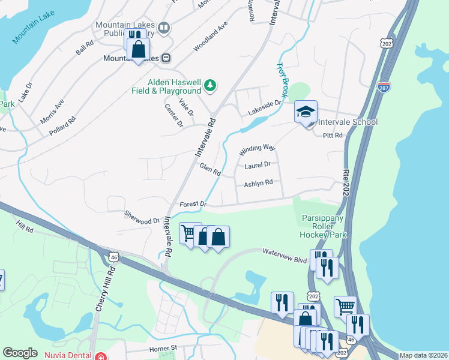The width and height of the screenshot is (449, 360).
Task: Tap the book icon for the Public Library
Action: [163, 28]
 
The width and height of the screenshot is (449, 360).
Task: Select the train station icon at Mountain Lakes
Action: [166, 58]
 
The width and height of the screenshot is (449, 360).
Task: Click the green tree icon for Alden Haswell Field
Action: [209, 86]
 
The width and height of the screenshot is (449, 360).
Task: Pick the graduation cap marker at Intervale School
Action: [306, 112]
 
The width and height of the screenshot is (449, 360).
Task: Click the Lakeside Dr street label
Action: [264, 108]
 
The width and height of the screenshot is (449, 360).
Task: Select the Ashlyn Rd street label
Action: [258, 183]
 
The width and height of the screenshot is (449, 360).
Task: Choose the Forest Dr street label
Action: [192, 205]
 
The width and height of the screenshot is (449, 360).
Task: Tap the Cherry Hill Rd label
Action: [104, 289]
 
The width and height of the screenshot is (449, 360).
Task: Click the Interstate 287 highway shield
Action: [384, 87]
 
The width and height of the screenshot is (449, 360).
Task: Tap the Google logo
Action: [20, 353]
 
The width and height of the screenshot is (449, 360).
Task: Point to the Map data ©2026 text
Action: [423, 355]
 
